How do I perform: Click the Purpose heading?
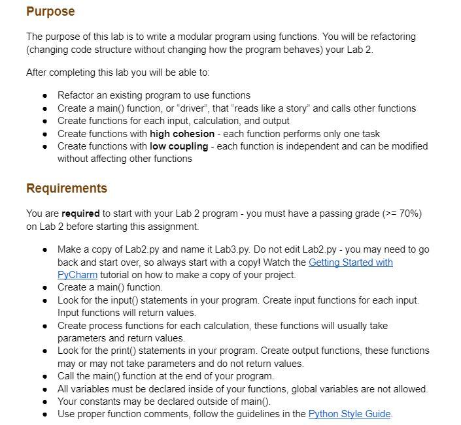click(50, 12)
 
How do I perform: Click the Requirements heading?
click(66, 189)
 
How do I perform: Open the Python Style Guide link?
click(349, 414)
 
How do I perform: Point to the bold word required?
click(80, 213)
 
